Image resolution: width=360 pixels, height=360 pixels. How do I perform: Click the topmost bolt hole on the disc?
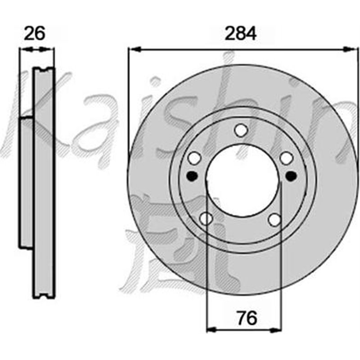click(241, 130)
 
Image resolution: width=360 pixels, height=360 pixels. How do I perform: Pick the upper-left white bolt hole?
click(194, 158)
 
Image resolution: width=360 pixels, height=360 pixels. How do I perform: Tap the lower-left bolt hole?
click(206, 219)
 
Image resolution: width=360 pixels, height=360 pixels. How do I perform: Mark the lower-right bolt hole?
click(274, 219)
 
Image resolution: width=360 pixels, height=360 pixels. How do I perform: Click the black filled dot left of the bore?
click(192, 175)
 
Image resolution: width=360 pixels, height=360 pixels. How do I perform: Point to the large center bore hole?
click(242, 180)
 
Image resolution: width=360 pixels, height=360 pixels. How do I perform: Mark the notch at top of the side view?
click(44, 69)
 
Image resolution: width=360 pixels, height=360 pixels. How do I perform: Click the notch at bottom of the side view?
click(44, 296)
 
